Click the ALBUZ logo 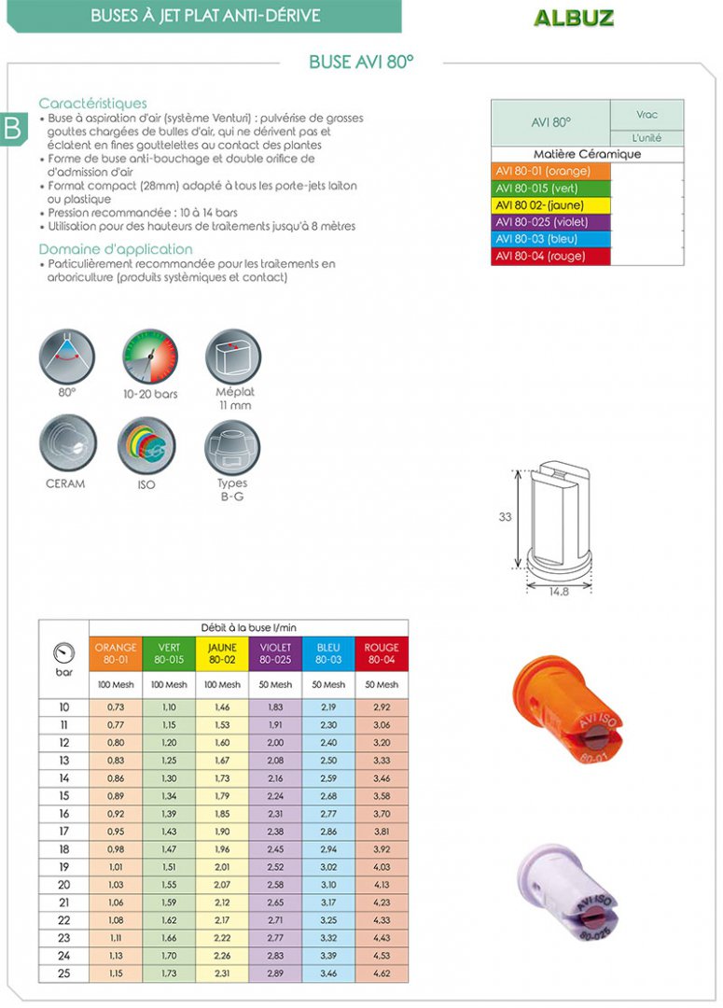(x=574, y=18)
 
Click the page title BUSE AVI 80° (x=361, y=63)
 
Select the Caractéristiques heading (x=92, y=104)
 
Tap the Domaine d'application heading (x=116, y=249)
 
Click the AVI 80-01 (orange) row (x=550, y=172)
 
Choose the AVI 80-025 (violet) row (x=550, y=222)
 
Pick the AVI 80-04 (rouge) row (x=550, y=256)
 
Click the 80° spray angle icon (x=67, y=357)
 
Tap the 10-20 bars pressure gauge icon (x=150, y=357)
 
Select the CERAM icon (x=66, y=444)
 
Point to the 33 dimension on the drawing (x=506, y=517)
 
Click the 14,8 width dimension (x=559, y=592)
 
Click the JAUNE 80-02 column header (x=223, y=653)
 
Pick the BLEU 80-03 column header (x=328, y=653)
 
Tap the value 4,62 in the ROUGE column (x=382, y=973)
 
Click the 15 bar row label (x=63, y=796)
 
